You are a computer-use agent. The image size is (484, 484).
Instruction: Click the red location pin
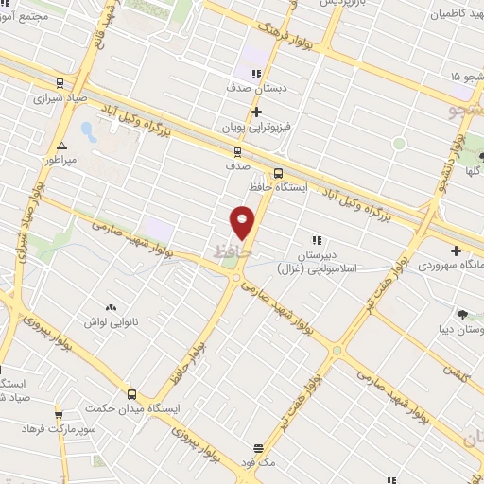(x=243, y=222)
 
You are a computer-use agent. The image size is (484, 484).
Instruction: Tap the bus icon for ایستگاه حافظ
(x=278, y=173)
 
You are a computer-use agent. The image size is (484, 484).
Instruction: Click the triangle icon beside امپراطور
(x=61, y=146)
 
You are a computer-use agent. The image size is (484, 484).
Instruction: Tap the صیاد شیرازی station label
(x=61, y=96)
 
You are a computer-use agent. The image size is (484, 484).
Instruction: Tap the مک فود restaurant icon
(x=258, y=448)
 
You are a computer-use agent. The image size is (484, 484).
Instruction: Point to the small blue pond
(x=87, y=129)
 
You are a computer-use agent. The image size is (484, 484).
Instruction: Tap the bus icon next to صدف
(x=237, y=151)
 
